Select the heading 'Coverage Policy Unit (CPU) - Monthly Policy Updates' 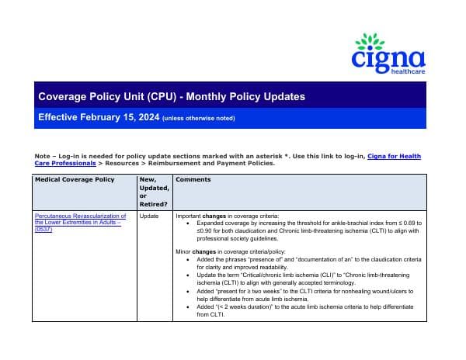172,97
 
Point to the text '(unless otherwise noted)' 198,118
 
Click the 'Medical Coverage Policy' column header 75,179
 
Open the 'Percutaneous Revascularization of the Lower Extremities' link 81,220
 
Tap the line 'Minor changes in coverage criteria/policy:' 231,253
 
